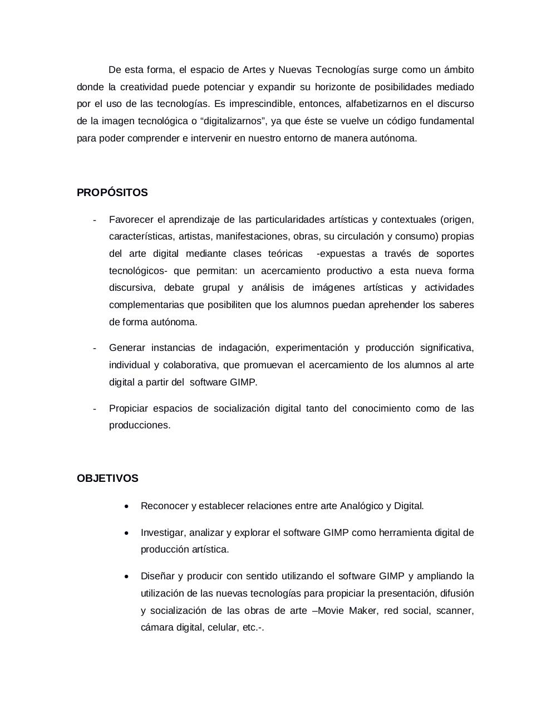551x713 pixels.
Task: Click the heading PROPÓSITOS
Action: point(112,193)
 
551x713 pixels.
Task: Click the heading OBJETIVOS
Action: point(107,478)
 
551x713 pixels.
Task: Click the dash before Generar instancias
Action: point(95,348)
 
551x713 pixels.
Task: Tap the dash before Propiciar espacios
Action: point(95,409)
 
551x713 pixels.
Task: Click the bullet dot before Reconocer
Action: point(127,506)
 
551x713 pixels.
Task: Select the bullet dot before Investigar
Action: point(127,533)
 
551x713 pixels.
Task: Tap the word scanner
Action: point(455,611)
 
